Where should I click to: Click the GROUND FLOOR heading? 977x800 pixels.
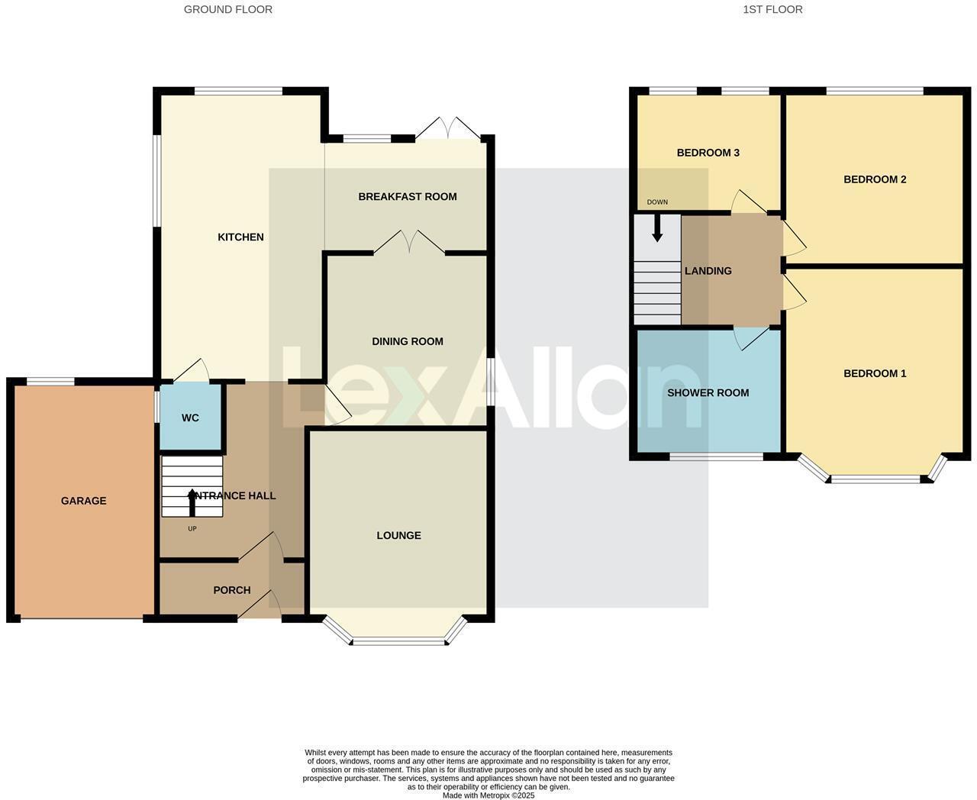pyautogui.click(x=227, y=10)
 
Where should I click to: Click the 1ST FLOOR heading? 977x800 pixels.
pyautogui.click(x=772, y=10)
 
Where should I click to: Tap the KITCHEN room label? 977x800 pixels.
pyautogui.click(x=240, y=237)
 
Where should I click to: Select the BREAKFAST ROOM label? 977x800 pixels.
pyautogui.click(x=408, y=197)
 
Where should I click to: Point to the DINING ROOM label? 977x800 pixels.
pyautogui.click(x=408, y=342)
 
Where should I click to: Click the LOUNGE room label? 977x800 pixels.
pyautogui.click(x=398, y=536)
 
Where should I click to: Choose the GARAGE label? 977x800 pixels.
pyautogui.click(x=84, y=502)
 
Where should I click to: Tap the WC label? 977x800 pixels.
pyautogui.click(x=190, y=418)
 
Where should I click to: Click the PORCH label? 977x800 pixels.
pyautogui.click(x=232, y=590)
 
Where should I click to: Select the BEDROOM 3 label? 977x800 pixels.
pyautogui.click(x=708, y=153)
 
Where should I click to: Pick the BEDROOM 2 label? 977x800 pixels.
pyautogui.click(x=875, y=180)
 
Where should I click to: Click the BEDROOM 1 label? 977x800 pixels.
pyautogui.click(x=875, y=374)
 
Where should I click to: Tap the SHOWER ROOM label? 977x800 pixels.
pyautogui.click(x=708, y=393)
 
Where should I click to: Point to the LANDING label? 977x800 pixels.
pyautogui.click(x=708, y=271)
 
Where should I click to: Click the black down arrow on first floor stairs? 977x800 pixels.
pyautogui.click(x=657, y=229)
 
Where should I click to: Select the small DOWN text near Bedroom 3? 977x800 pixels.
pyautogui.click(x=657, y=202)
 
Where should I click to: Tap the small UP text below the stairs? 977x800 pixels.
pyautogui.click(x=192, y=528)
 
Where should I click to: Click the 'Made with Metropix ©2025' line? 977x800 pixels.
pyautogui.click(x=488, y=795)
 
